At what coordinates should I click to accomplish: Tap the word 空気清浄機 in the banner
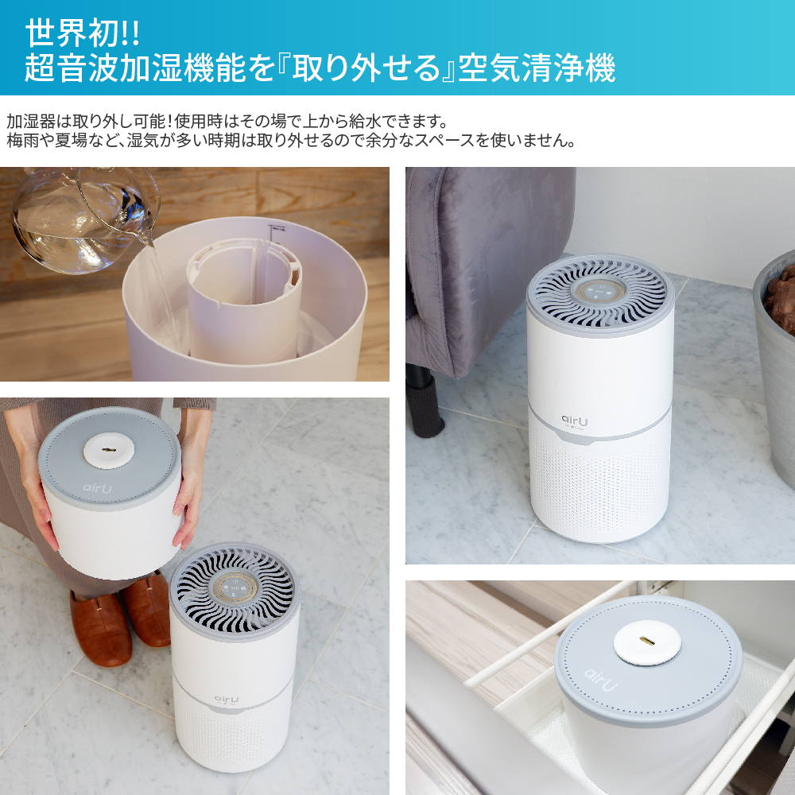click(537, 68)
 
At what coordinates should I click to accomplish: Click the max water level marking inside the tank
click(277, 229)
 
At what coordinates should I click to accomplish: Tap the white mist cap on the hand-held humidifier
click(108, 450)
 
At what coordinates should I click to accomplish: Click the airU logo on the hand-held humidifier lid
click(97, 488)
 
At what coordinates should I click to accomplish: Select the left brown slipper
click(100, 628)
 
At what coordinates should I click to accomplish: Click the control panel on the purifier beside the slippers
click(234, 590)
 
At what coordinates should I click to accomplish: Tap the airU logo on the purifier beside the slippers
click(226, 700)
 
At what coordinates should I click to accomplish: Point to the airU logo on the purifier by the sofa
click(575, 421)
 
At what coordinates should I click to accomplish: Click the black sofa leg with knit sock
click(425, 400)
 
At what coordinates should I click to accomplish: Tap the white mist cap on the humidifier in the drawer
click(645, 642)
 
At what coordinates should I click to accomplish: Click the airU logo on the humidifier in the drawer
click(601, 680)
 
